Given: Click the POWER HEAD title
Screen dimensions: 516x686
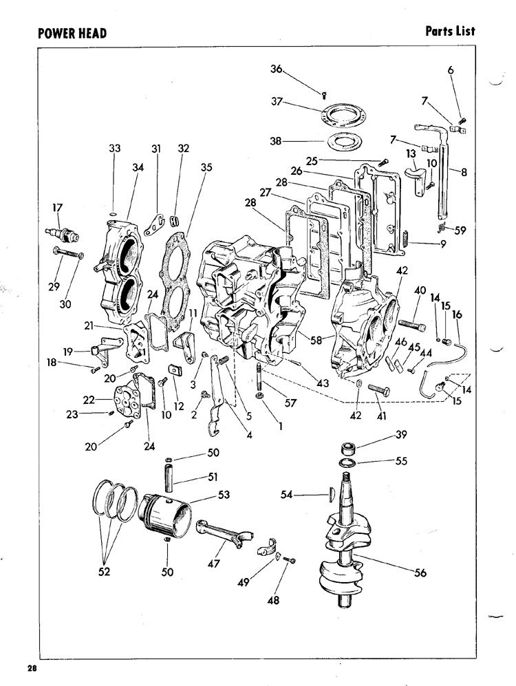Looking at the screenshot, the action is click(72, 33).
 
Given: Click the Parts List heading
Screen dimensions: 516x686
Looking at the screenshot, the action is click(450, 31).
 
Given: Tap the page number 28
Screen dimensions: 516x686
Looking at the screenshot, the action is click(32, 668).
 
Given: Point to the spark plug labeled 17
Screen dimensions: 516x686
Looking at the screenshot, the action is click(62, 234).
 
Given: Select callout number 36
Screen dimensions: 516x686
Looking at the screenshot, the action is click(277, 69).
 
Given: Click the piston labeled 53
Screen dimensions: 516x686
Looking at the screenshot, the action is click(165, 515).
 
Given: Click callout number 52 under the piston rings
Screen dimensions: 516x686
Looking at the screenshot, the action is click(104, 571).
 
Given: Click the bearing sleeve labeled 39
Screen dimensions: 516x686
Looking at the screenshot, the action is click(349, 449).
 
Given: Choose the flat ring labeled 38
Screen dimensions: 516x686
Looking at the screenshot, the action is click(343, 141).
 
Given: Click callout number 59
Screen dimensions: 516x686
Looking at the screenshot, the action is click(460, 230).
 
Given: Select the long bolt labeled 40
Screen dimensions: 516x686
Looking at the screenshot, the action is click(411, 326).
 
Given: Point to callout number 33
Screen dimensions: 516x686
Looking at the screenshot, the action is click(114, 149).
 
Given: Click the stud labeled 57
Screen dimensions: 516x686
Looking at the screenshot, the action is click(259, 376).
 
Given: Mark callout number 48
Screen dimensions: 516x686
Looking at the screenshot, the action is click(273, 600).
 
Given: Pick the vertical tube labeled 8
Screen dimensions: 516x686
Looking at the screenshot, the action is click(442, 182).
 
